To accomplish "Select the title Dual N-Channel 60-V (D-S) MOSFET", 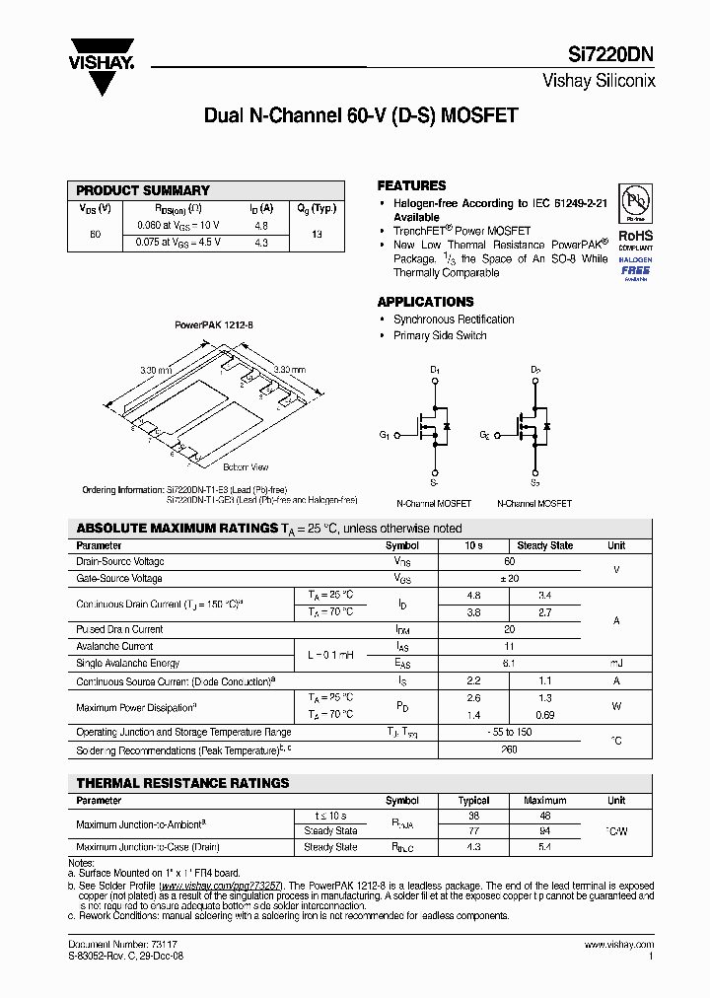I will (360, 115).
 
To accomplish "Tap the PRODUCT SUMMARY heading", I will (143, 190).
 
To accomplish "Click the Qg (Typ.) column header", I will (317, 208).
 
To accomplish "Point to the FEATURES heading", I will (411, 185).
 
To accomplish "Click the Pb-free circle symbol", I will (634, 203).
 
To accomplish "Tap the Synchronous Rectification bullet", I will (454, 320).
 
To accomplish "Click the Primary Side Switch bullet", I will (440, 335).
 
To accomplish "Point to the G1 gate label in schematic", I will (385, 434).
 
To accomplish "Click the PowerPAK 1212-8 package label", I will (214, 324).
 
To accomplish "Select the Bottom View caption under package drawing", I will (246, 466).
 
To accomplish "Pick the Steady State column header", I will (544, 545).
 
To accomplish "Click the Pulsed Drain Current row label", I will (119, 629).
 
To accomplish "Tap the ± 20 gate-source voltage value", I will (510, 579).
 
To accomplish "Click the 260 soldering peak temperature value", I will (510, 750).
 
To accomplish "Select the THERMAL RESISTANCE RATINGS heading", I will (182, 783).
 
